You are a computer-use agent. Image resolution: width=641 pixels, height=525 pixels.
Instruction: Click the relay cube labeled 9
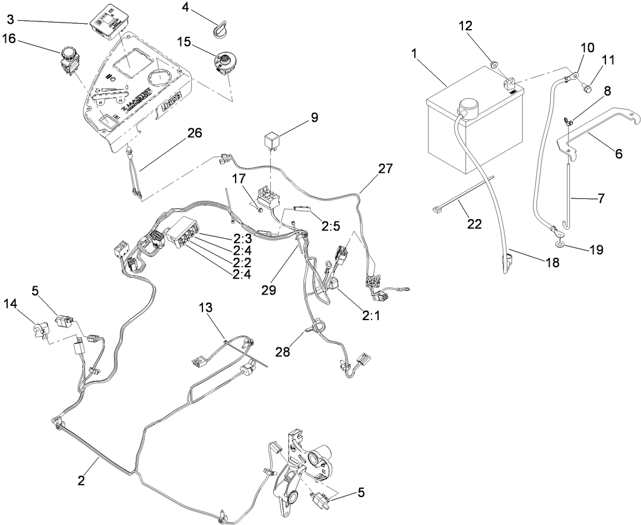(273, 141)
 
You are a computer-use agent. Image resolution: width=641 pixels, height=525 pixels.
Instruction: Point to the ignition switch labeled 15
(223, 63)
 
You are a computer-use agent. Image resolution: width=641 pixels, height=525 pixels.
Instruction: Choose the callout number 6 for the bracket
(618, 153)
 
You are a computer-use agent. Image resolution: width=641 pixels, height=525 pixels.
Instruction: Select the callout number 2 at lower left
(81, 480)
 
